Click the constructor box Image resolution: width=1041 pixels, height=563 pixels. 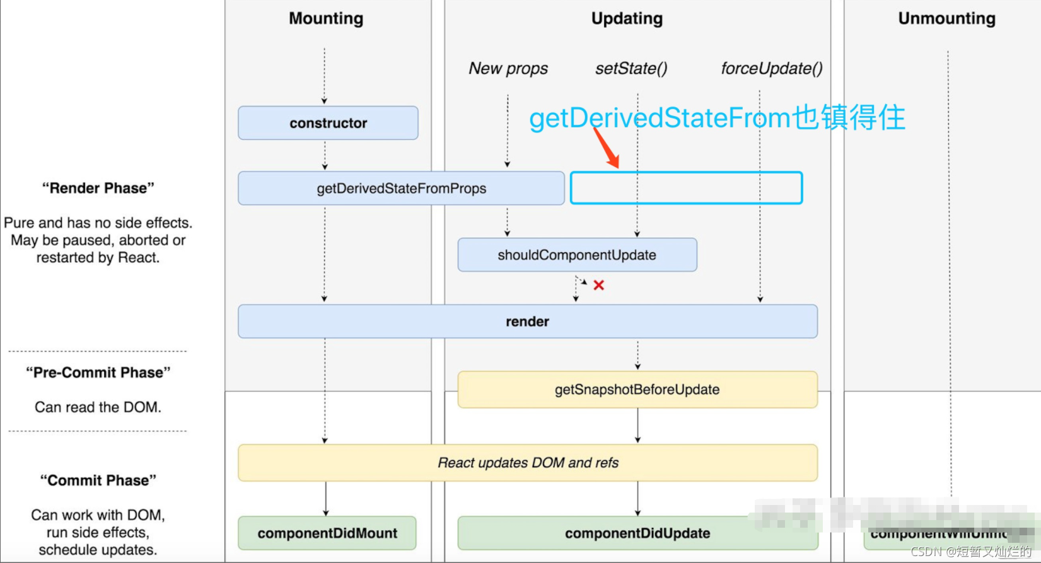(x=328, y=123)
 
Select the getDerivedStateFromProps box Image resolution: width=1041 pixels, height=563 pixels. (x=401, y=189)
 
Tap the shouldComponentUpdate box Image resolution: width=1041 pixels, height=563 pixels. (x=577, y=255)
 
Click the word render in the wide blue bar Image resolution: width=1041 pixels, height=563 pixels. (x=527, y=322)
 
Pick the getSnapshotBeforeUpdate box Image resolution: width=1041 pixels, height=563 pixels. (x=637, y=390)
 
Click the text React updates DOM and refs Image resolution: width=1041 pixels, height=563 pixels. (x=528, y=463)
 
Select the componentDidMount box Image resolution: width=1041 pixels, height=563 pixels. (x=327, y=533)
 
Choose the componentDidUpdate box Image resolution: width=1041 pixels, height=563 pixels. (x=637, y=533)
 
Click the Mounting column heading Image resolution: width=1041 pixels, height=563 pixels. (x=326, y=18)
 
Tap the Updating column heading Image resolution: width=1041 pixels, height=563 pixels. (x=627, y=18)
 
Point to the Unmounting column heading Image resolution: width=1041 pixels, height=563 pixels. (x=946, y=18)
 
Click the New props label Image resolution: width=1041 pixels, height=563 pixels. (x=508, y=68)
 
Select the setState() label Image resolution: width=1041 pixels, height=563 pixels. (x=631, y=68)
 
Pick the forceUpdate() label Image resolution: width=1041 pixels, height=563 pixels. (x=771, y=68)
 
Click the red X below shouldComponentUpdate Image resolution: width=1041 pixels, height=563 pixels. (x=599, y=285)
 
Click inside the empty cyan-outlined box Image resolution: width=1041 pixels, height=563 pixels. (x=686, y=188)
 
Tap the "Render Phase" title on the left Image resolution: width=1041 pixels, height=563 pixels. (x=98, y=188)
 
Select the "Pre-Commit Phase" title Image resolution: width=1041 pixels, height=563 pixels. (x=98, y=373)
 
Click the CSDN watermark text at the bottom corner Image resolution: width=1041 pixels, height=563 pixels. (x=971, y=552)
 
